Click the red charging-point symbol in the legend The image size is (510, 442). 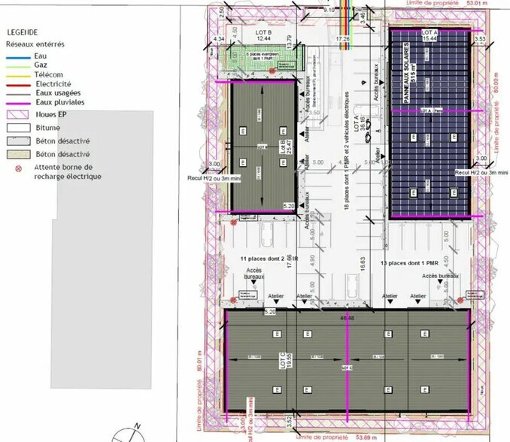[18, 169]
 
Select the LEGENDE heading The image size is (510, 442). [22, 32]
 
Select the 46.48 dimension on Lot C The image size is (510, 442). [348, 316]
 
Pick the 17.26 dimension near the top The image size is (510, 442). [342, 37]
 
